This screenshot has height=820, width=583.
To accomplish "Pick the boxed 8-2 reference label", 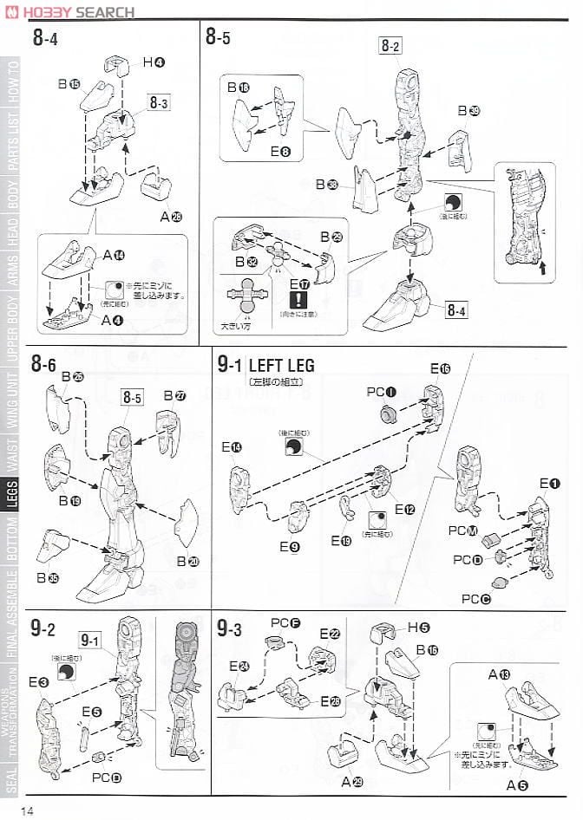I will (x=390, y=46).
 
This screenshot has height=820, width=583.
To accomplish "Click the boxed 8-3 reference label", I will (x=158, y=102).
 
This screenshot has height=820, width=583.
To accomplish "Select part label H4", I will (x=154, y=62).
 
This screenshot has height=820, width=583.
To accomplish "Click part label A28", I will (x=174, y=216).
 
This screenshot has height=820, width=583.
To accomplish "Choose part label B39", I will (x=468, y=110).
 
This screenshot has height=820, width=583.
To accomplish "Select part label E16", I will (x=440, y=369).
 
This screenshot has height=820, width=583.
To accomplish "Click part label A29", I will (x=353, y=781).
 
